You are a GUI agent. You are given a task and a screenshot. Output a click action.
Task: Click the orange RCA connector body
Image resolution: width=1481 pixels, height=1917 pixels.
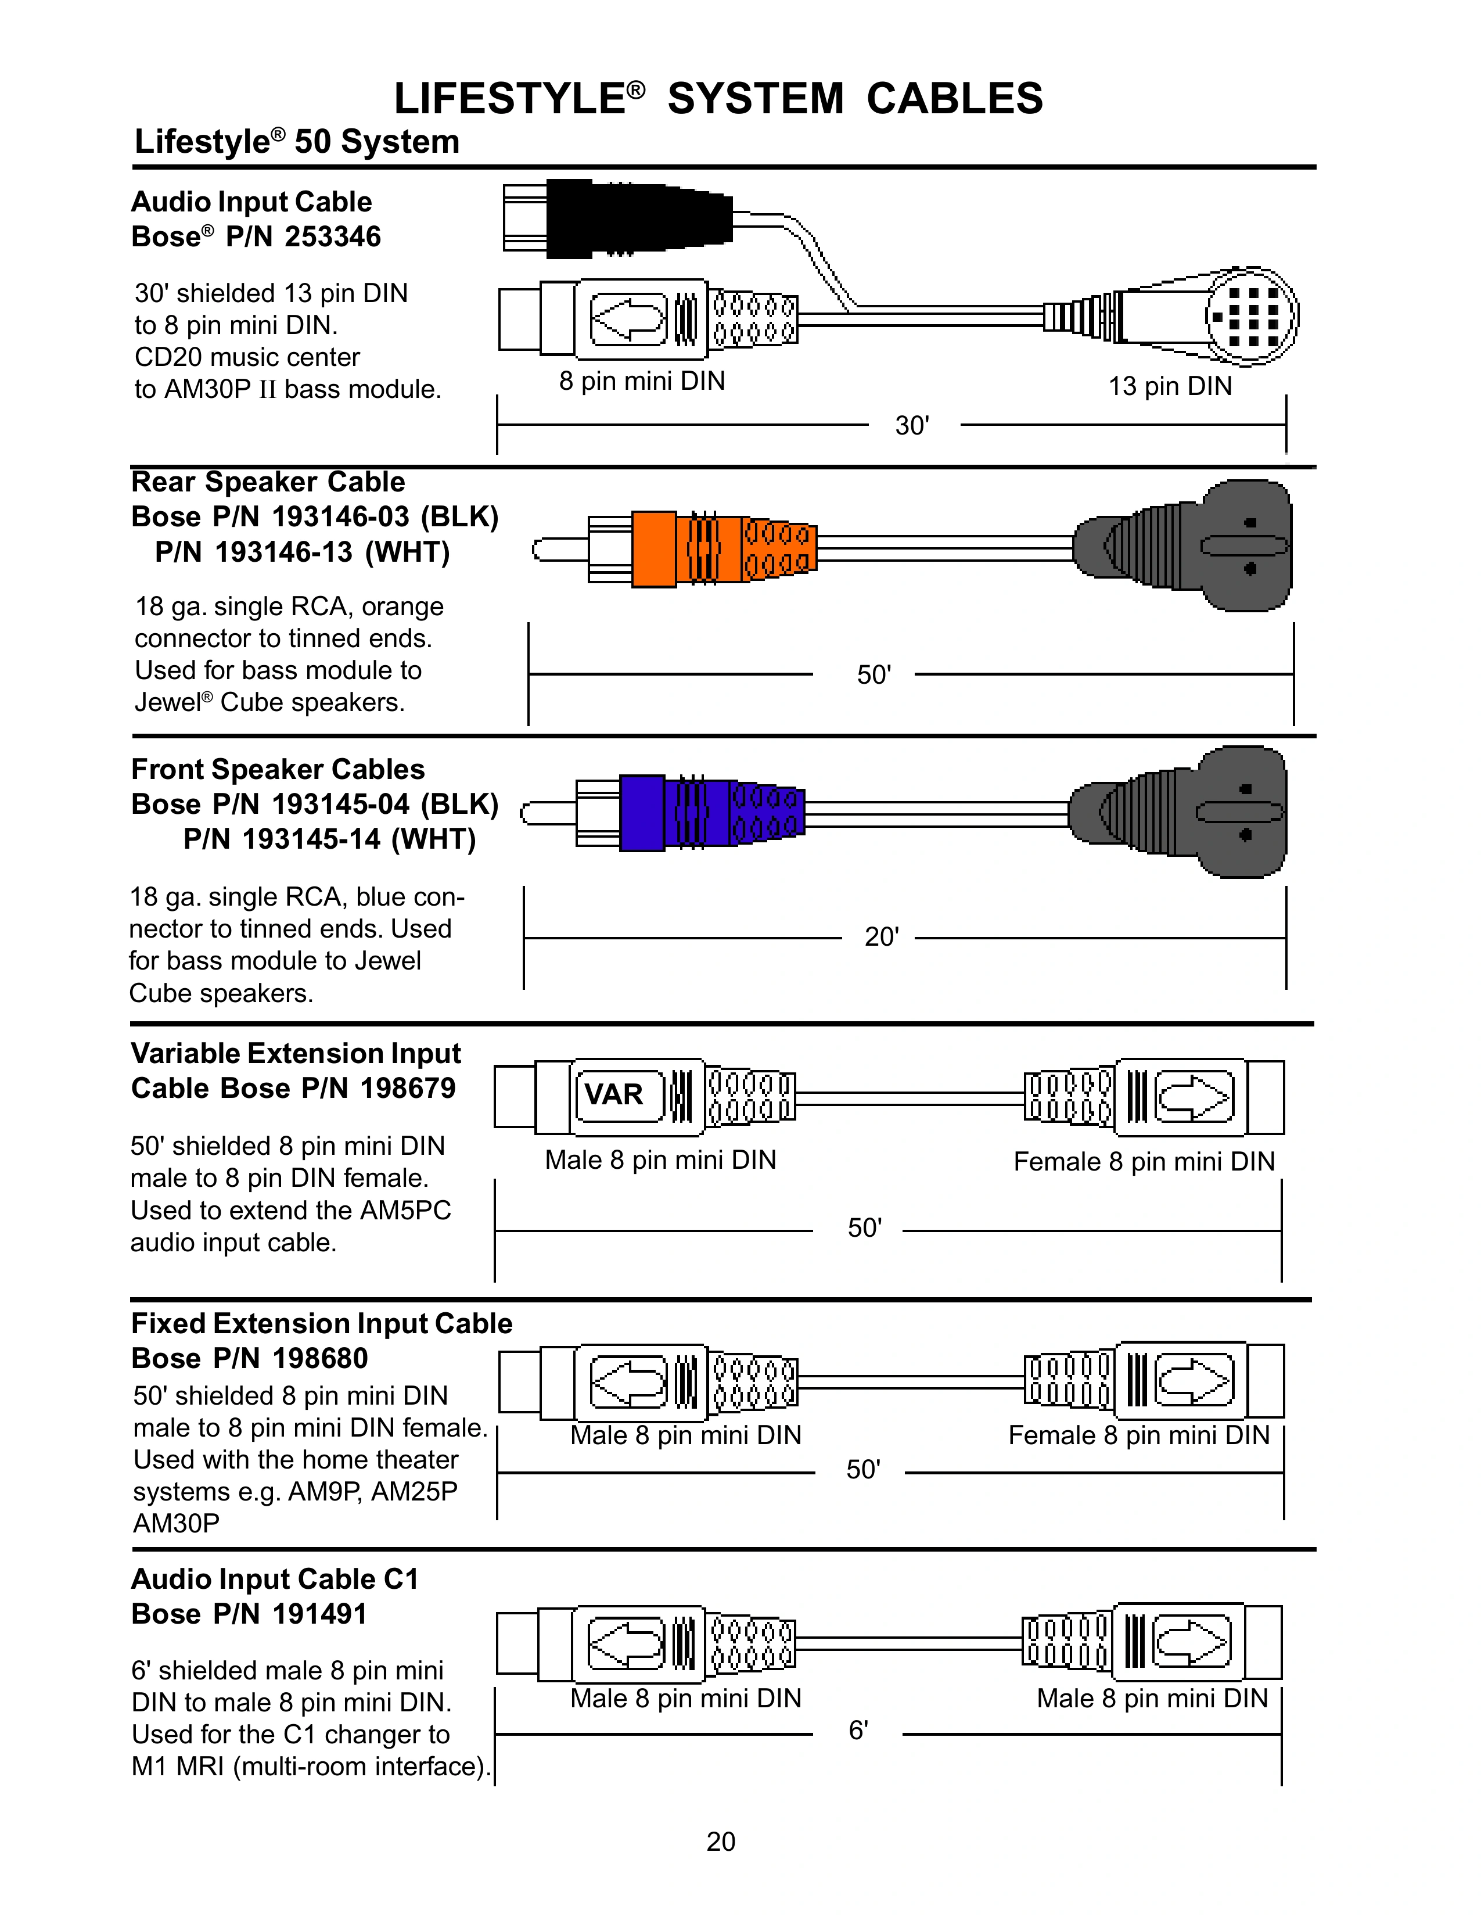pos(653,548)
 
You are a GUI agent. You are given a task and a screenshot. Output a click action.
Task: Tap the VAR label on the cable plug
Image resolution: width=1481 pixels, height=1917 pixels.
pos(614,1094)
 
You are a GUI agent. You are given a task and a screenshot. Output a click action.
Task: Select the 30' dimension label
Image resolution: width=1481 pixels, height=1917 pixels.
pos(912,426)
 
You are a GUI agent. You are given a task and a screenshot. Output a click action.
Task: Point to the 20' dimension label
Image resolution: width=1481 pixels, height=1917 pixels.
pos(882,938)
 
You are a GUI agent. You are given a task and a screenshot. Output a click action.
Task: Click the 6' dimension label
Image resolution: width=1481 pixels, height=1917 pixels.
pos(858,1730)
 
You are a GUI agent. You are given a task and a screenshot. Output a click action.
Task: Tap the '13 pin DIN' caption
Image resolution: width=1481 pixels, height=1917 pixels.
pos(1170,386)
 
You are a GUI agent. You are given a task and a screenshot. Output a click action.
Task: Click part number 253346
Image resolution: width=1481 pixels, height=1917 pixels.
pos(333,237)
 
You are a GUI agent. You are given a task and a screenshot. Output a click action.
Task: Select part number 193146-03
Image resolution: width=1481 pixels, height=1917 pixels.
pos(340,517)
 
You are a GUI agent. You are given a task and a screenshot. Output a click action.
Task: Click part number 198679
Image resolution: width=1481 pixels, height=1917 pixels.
pos(408,1089)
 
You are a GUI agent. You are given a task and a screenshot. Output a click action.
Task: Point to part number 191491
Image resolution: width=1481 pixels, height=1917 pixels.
pos(319,1613)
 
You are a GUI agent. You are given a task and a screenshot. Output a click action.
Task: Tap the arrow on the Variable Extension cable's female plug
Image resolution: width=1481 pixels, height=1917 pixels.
pos(1194,1097)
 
